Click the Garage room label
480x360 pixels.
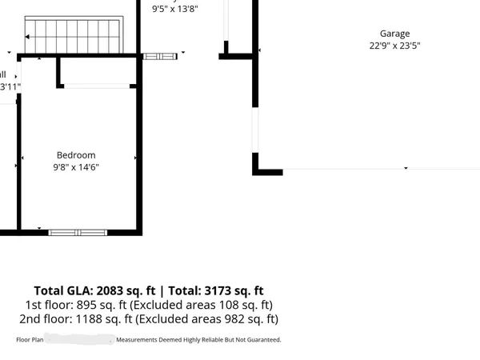click(394, 34)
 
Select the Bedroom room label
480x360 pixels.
click(76, 155)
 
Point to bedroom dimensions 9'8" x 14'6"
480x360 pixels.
click(76, 167)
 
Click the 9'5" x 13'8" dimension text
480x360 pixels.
click(174, 9)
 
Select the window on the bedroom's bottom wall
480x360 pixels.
click(78, 232)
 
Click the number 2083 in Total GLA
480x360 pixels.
click(114, 290)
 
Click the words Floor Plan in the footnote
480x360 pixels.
click(30, 340)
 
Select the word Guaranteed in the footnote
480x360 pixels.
click(261, 340)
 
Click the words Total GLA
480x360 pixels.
click(63, 290)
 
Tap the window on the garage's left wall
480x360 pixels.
click(256, 130)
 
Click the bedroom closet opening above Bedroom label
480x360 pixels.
click(96, 86)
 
